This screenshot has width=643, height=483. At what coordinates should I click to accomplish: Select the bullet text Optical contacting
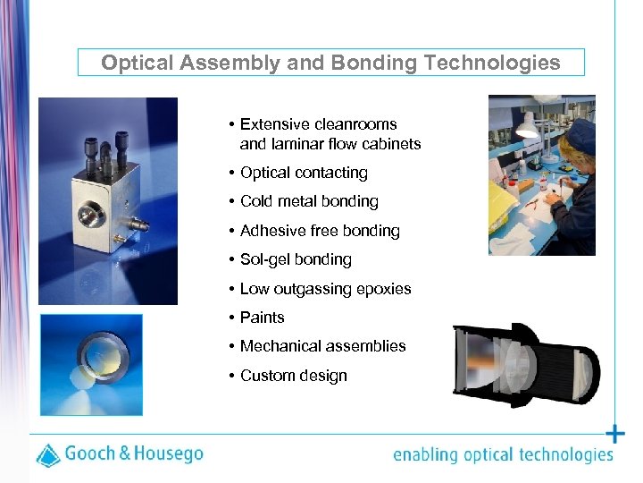coord(304,173)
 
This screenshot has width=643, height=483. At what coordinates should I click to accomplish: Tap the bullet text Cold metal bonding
coord(309,201)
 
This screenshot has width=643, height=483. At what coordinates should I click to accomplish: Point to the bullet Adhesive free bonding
coord(320,231)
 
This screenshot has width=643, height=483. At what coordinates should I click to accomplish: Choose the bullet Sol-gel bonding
coord(296,259)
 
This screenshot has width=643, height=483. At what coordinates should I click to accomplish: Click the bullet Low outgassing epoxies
coord(326,289)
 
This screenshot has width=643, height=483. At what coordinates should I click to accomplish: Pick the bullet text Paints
coord(262,318)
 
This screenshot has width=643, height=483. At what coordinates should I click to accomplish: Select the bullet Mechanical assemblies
coord(322,346)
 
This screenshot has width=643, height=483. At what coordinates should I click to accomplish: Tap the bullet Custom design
coord(294,376)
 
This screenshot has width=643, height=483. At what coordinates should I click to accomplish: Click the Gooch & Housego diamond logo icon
coord(48,454)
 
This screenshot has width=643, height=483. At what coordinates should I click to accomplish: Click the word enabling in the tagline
coord(424,455)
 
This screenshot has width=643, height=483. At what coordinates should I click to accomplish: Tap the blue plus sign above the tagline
coord(615,435)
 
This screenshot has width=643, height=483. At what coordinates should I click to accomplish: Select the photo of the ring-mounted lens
coord(91,364)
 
